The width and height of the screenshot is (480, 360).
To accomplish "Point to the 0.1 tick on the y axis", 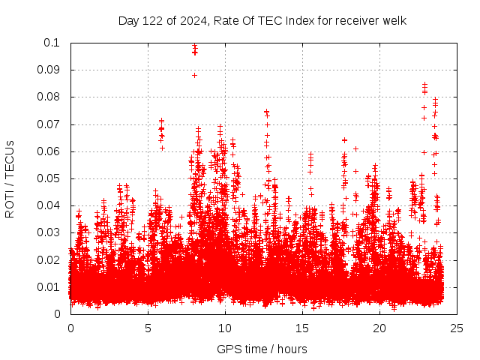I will point(52,43).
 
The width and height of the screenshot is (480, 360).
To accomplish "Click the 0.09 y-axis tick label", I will point(49,70).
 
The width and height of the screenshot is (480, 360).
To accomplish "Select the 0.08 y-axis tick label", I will point(49,97).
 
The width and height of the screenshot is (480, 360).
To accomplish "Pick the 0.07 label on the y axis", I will point(49,124).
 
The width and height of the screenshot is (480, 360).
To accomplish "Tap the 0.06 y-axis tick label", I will point(49,151).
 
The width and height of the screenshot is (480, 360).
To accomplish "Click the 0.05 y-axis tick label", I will point(49,178).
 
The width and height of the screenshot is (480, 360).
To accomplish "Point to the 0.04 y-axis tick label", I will point(49,205).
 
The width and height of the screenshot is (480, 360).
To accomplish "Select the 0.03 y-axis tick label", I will point(49,232).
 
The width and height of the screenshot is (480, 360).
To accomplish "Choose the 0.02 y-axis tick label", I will point(49,260).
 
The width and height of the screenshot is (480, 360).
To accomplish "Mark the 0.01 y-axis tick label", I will point(49,287).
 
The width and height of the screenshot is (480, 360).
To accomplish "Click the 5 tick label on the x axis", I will point(148,328).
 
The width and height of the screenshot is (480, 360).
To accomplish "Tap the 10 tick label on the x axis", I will point(225,328).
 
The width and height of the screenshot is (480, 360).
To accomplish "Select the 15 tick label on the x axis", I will point(302,328).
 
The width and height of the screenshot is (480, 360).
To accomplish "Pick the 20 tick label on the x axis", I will point(379,328).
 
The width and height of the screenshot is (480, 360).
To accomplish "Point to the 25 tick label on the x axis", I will point(457,328).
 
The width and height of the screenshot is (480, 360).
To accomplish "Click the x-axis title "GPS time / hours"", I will point(262,349).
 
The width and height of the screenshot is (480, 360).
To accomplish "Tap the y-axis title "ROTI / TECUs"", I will point(10,178).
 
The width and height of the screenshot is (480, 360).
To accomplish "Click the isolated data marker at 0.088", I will point(194,75).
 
